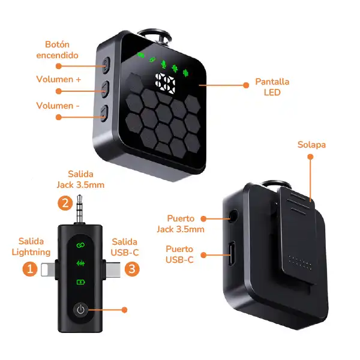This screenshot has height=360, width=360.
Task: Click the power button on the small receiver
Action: (x=80, y=310)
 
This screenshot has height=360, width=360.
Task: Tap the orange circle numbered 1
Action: (x=30, y=269)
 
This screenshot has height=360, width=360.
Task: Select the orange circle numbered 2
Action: (x=65, y=203)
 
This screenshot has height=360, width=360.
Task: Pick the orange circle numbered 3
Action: (x=132, y=269)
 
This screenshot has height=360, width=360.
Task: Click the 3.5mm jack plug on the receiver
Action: (x=79, y=209)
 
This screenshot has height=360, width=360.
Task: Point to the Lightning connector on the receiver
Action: (x=48, y=269)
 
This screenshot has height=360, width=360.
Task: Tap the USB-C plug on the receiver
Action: (x=113, y=269)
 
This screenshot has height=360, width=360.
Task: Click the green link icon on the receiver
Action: (x=80, y=245)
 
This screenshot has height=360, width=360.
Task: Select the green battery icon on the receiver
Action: (x=80, y=282)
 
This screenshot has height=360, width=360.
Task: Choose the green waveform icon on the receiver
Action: (x=80, y=263)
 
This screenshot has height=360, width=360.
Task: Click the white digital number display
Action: (x=165, y=83)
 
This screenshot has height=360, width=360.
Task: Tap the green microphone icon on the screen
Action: (x=163, y=64)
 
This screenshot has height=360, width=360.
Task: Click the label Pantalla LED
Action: (x=272, y=87)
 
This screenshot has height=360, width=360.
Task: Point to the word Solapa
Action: (x=311, y=145)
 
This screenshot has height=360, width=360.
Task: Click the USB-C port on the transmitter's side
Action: (x=232, y=253)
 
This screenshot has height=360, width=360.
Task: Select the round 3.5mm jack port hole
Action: (x=233, y=217)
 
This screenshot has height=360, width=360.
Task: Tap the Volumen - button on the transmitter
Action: (x=104, y=113)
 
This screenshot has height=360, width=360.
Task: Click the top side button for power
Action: (x=106, y=65)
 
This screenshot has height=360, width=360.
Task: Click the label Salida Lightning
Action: (x=31, y=247)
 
